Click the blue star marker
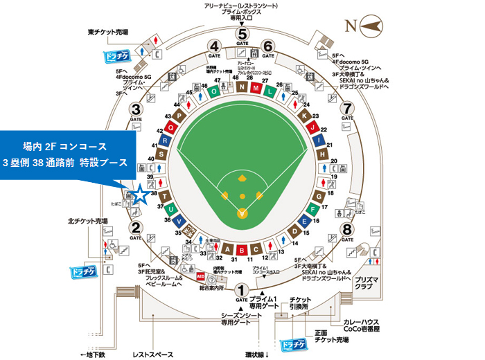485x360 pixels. coord(141,195)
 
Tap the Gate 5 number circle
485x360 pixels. coord(242,34)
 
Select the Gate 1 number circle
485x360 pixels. coord(242,289)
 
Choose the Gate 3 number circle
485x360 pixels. coord(136,109)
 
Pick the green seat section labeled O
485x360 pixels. coord(215,90)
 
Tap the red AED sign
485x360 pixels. coord(202,275)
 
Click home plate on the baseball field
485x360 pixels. coord(242,211)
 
